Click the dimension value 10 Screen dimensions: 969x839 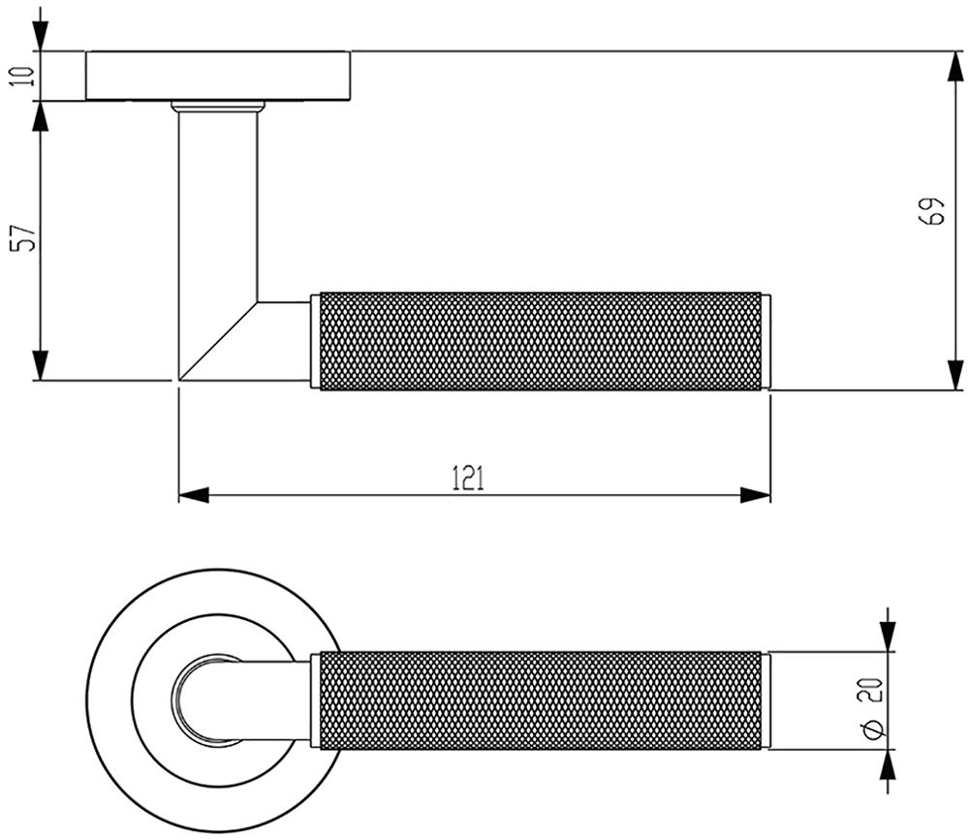(22, 76)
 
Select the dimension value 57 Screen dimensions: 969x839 (23, 237)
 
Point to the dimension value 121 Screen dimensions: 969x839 (468, 479)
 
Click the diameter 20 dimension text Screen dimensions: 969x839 (871, 708)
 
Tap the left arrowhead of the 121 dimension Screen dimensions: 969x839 (194, 495)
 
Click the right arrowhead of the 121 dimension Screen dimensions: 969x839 (755, 495)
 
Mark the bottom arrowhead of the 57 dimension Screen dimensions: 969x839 (40, 365)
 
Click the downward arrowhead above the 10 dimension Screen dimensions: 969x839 (40, 37)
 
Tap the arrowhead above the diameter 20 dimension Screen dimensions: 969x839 (888, 637)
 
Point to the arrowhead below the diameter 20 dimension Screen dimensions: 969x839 (888, 764)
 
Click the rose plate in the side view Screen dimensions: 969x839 (218, 76)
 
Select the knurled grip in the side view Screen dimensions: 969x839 (541, 341)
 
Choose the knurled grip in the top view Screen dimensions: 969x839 (541, 700)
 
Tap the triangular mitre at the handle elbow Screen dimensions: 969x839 (218, 341)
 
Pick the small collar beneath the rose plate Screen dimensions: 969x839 (218, 107)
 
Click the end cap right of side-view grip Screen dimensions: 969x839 (766, 341)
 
